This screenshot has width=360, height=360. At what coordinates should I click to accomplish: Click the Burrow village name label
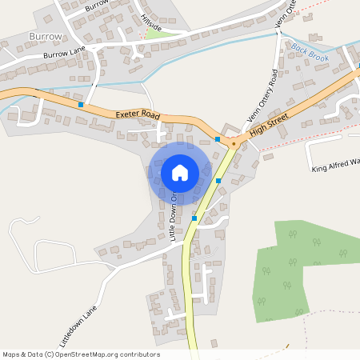(x=44, y=38)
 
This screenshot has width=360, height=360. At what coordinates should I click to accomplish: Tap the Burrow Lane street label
(x=63, y=54)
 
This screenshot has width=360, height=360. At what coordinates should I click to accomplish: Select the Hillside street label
(x=150, y=23)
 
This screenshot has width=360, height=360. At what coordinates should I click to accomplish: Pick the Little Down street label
(x=173, y=215)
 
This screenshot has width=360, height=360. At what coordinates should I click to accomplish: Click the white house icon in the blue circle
(x=180, y=173)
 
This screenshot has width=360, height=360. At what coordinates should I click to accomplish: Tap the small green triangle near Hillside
(x=154, y=34)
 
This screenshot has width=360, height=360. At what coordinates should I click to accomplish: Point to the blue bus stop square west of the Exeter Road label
(x=81, y=105)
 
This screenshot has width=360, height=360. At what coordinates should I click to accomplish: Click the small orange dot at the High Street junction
(x=233, y=144)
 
